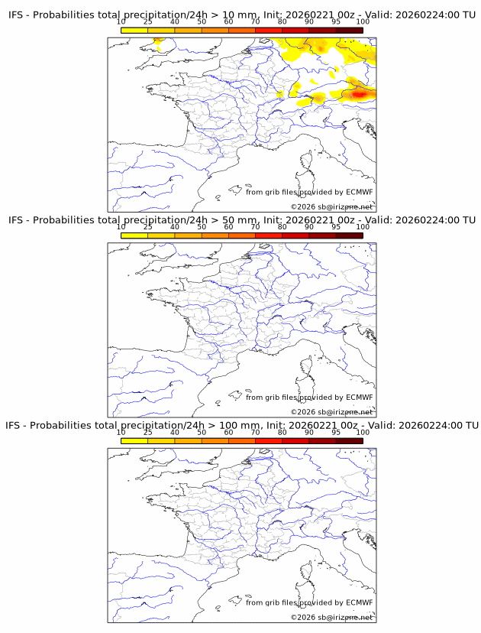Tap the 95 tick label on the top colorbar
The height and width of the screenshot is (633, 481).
(x=336, y=21)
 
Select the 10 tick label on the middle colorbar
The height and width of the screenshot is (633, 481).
(x=121, y=227)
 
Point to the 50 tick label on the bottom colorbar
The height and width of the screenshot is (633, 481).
(x=202, y=432)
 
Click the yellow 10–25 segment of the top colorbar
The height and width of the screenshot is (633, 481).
(x=134, y=29)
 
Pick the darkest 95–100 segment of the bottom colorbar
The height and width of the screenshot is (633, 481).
(x=349, y=440)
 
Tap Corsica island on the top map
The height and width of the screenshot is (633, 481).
(x=308, y=162)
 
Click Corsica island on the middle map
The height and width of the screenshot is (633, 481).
(x=308, y=367)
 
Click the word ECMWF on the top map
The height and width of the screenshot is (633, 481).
(x=359, y=192)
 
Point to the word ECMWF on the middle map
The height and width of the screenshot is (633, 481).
(x=359, y=397)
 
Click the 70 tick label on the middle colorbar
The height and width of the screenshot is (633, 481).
(x=255, y=227)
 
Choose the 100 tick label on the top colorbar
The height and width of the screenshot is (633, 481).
(x=363, y=21)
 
